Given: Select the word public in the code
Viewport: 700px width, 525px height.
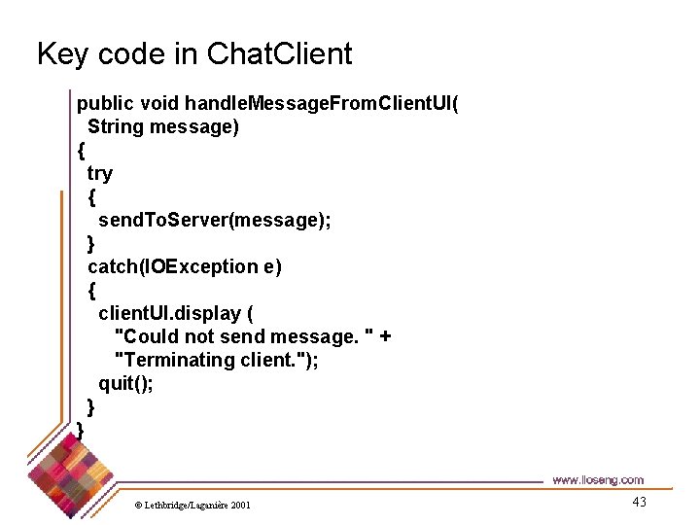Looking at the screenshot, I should click(x=106, y=103).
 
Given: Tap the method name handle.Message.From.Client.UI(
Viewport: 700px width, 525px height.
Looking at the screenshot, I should click(x=322, y=103).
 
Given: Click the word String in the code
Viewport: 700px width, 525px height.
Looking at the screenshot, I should click(x=115, y=126).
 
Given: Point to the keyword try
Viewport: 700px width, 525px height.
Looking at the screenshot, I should click(x=100, y=173).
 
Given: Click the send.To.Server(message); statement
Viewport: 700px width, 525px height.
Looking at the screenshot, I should click(x=214, y=220).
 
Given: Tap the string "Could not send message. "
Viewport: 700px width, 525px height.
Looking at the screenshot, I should click(x=243, y=336).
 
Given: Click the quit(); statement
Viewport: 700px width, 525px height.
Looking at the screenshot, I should click(x=125, y=383).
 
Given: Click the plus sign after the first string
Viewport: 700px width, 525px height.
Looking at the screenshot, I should click(x=385, y=336).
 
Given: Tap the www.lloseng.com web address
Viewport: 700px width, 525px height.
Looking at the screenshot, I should click(x=597, y=480).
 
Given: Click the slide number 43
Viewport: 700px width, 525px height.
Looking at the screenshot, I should click(x=639, y=502).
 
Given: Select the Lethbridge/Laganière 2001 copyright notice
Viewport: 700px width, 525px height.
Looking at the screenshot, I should click(x=192, y=505).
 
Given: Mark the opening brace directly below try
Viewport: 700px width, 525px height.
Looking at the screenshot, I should click(x=92, y=196).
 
